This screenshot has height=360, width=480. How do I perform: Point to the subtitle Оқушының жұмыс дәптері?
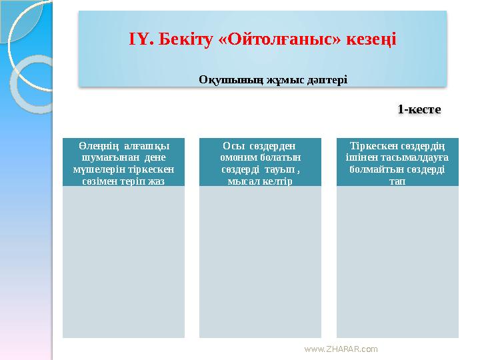pyautogui.click(x=273, y=79)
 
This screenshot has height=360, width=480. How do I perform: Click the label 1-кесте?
pyautogui.click(x=420, y=108)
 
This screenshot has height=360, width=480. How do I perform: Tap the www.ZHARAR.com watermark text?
pyautogui.click(x=340, y=349)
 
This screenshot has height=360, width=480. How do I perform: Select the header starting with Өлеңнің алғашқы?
pyautogui.click(x=123, y=163)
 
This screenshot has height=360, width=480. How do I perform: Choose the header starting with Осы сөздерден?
pyautogui.click(x=260, y=163)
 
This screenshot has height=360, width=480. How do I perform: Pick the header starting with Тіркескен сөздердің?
pyautogui.click(x=397, y=163)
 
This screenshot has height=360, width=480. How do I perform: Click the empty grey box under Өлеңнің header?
pyautogui.click(x=123, y=261)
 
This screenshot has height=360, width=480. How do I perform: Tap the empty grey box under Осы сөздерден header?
pyautogui.click(x=260, y=261)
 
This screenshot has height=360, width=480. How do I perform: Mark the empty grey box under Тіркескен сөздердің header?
pyautogui.click(x=397, y=261)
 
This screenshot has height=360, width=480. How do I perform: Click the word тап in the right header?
pyautogui.click(x=397, y=181)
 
